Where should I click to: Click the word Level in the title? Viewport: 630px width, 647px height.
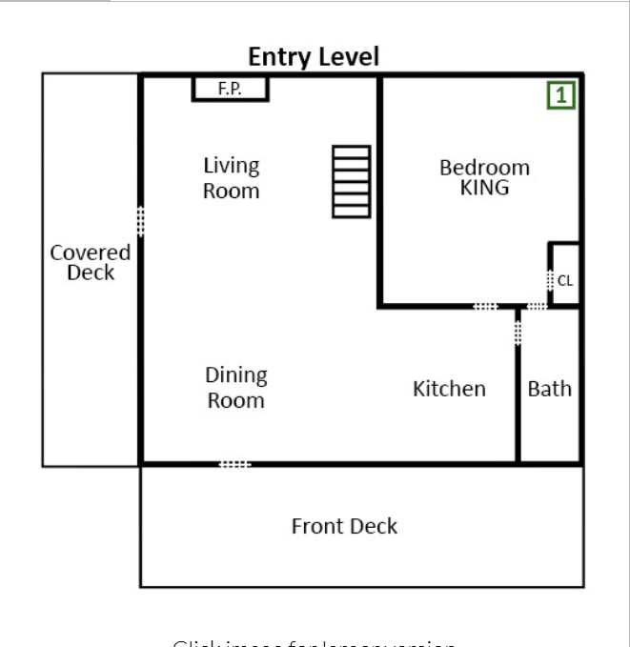point(348,57)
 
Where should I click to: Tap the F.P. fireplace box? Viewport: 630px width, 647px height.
point(230,89)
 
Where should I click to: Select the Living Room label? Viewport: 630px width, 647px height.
point(231,178)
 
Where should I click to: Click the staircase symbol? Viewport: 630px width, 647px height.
point(351,181)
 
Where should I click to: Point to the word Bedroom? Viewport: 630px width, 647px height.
point(484,168)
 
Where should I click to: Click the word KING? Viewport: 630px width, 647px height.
point(484,188)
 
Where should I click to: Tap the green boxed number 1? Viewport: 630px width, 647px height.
point(561,95)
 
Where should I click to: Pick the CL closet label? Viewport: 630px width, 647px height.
point(565,280)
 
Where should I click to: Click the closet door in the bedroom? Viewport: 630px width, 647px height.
point(550,281)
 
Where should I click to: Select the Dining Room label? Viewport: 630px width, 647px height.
point(236,388)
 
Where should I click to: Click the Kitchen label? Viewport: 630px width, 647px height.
point(449,389)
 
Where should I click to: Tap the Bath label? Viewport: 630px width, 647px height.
point(550,389)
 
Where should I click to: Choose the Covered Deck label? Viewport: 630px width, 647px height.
point(91,263)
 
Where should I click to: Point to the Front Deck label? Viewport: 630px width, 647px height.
point(344,526)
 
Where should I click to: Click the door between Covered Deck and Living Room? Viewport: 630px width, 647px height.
point(141,220)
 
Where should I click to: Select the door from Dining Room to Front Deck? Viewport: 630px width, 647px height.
point(234,464)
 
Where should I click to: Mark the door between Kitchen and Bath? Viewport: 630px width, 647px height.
point(518,331)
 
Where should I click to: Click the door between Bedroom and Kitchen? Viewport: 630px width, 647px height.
point(485,306)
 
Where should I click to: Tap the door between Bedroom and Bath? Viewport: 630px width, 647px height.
point(537,306)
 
